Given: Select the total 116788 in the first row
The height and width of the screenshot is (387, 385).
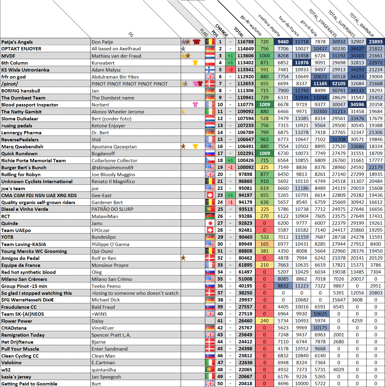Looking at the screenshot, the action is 246,42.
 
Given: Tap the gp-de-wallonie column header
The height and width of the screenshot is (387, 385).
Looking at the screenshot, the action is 251,25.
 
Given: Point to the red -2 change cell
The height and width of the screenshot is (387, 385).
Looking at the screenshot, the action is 230,70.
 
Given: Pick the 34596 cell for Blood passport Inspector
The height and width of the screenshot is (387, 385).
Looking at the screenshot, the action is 357,104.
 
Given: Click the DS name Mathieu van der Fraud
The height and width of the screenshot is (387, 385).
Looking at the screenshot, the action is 116,56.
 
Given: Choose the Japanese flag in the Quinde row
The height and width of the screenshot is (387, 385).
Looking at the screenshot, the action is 210,223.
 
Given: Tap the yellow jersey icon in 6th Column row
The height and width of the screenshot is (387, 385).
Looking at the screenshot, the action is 196,63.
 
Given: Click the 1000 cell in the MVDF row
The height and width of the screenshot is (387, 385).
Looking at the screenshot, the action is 265,56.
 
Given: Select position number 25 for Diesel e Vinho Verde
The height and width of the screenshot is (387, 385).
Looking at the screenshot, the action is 220,209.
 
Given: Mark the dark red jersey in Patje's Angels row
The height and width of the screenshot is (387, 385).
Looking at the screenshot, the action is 197,42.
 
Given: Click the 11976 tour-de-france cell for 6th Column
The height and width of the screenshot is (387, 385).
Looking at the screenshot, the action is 302,63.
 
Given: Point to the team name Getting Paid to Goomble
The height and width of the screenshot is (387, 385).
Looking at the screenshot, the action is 29,384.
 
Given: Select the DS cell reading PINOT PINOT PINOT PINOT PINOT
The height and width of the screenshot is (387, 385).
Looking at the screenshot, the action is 129,84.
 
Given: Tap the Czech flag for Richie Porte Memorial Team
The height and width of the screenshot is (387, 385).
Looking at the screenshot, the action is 210,160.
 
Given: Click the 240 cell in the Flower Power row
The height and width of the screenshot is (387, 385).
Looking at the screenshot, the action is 265,321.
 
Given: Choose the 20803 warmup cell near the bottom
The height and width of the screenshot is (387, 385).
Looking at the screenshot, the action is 376,293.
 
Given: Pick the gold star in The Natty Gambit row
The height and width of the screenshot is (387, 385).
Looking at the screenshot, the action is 183,112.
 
